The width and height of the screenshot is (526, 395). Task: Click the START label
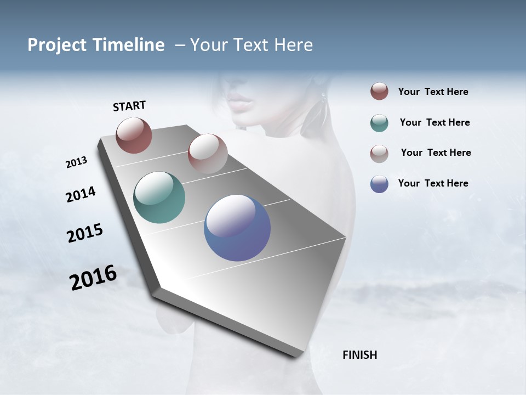click(x=129, y=106)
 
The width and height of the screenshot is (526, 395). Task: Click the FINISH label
click(x=359, y=355)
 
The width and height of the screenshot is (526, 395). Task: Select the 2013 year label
click(x=76, y=162)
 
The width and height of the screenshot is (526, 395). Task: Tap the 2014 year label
click(x=81, y=195)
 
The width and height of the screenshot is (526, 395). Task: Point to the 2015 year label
click(x=84, y=233)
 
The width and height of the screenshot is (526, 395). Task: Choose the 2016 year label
click(x=93, y=278)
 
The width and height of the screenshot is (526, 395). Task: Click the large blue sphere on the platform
click(x=237, y=228)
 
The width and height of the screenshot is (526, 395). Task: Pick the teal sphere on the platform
click(x=159, y=198)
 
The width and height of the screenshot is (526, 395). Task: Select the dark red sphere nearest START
click(x=134, y=135)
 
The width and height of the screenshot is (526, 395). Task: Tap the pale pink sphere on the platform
click(x=207, y=154)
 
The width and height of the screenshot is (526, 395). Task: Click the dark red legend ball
click(x=379, y=92)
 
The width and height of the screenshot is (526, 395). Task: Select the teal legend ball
click(x=379, y=123)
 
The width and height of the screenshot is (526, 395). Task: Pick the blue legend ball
click(x=379, y=184)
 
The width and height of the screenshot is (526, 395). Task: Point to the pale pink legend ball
click(x=379, y=154)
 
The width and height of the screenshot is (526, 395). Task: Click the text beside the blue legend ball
click(x=433, y=183)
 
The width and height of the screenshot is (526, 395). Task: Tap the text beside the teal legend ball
click(x=434, y=122)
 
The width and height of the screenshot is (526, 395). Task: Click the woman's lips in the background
click(x=240, y=101)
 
